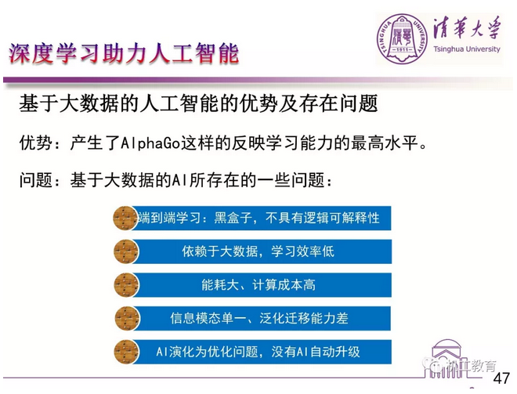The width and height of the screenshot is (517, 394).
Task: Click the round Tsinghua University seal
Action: point(402,38)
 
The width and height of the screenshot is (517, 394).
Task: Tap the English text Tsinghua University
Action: point(467,49)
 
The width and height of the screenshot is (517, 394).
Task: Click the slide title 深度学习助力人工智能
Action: point(123,53)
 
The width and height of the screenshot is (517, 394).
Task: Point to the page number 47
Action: point(501,378)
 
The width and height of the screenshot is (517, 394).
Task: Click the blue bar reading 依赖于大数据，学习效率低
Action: point(262,251)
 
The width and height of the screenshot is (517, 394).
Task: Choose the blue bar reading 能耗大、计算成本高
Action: point(262,285)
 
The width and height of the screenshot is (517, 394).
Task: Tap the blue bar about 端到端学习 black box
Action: point(262,218)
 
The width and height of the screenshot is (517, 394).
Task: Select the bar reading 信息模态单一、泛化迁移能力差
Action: point(262,319)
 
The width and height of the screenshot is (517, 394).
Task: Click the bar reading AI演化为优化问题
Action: point(262,352)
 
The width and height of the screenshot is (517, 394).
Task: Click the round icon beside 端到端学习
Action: point(125,218)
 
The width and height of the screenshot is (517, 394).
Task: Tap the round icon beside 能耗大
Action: point(126,285)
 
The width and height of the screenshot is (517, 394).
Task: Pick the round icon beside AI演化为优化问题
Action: point(126,352)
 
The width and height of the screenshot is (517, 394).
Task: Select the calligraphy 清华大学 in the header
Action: point(467,28)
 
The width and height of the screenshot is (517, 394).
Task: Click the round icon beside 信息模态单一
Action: point(127,319)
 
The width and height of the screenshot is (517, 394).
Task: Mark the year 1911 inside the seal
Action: point(402,49)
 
